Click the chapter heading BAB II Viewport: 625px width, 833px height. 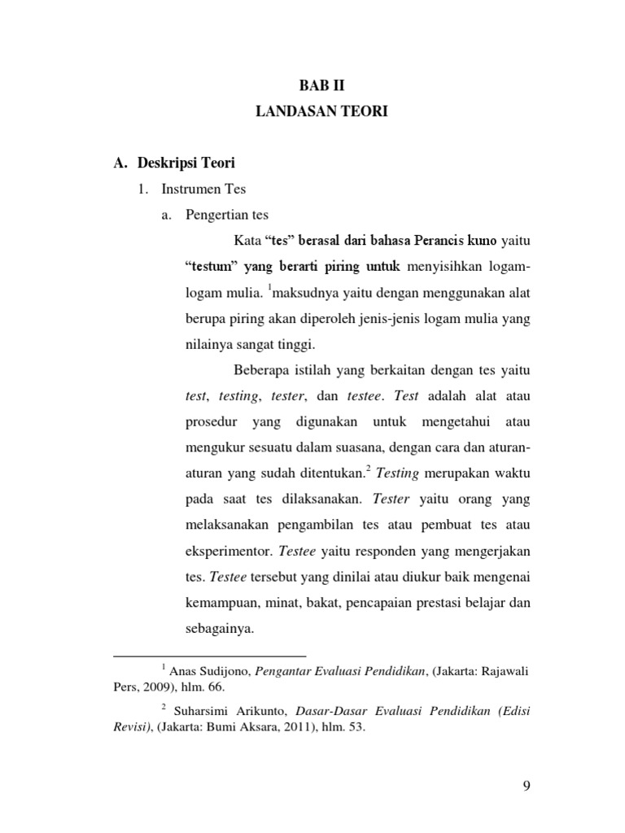(x=322, y=84)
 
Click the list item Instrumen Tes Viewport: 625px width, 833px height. (x=203, y=190)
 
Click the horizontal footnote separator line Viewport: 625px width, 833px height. (x=210, y=655)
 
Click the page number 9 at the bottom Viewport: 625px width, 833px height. (x=526, y=785)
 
